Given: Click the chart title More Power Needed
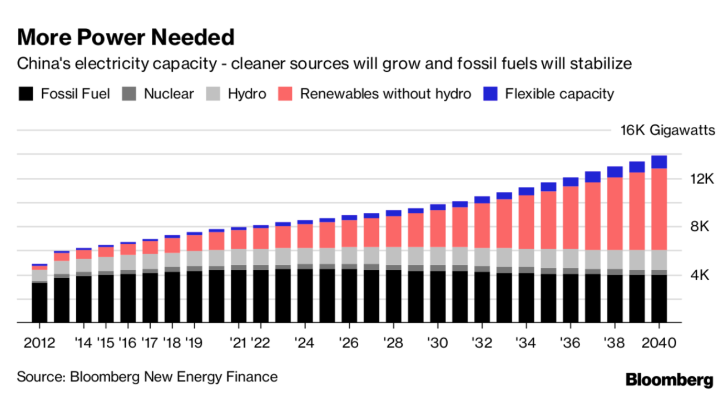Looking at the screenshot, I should [x=126, y=37].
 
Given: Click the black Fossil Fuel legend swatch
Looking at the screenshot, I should [x=26, y=93].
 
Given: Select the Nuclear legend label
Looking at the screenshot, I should [x=169, y=93].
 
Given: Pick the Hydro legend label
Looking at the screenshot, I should [x=247, y=93].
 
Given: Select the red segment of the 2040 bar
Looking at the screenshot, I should [x=659, y=209].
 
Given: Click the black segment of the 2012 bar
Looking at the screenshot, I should [x=39, y=303].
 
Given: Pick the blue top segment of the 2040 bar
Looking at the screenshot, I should [x=659, y=162].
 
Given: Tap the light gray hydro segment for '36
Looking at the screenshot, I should [x=571, y=259].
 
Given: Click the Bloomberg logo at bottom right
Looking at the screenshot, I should [x=669, y=380].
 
